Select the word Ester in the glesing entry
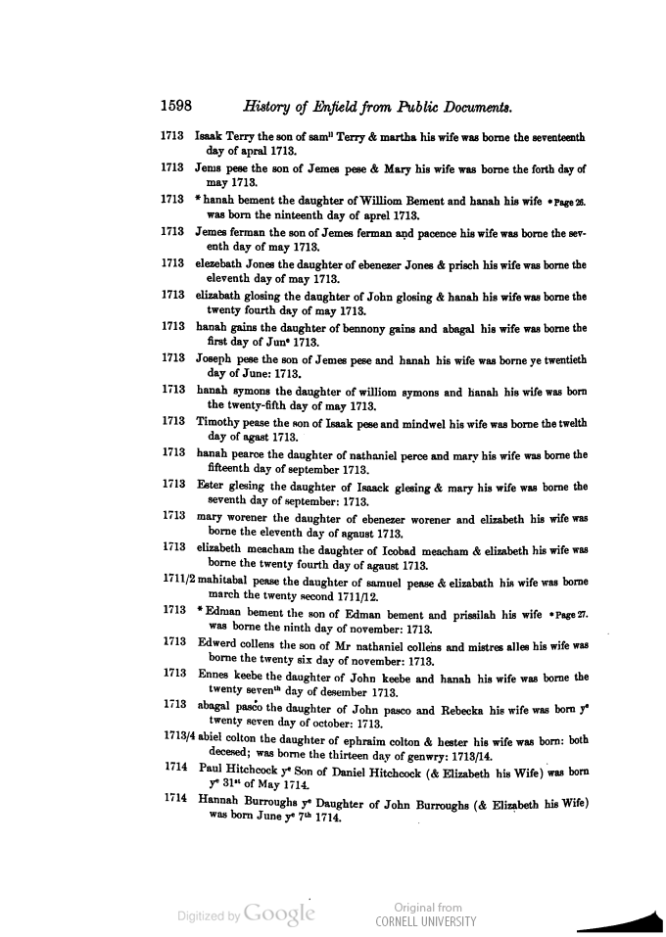211,486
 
